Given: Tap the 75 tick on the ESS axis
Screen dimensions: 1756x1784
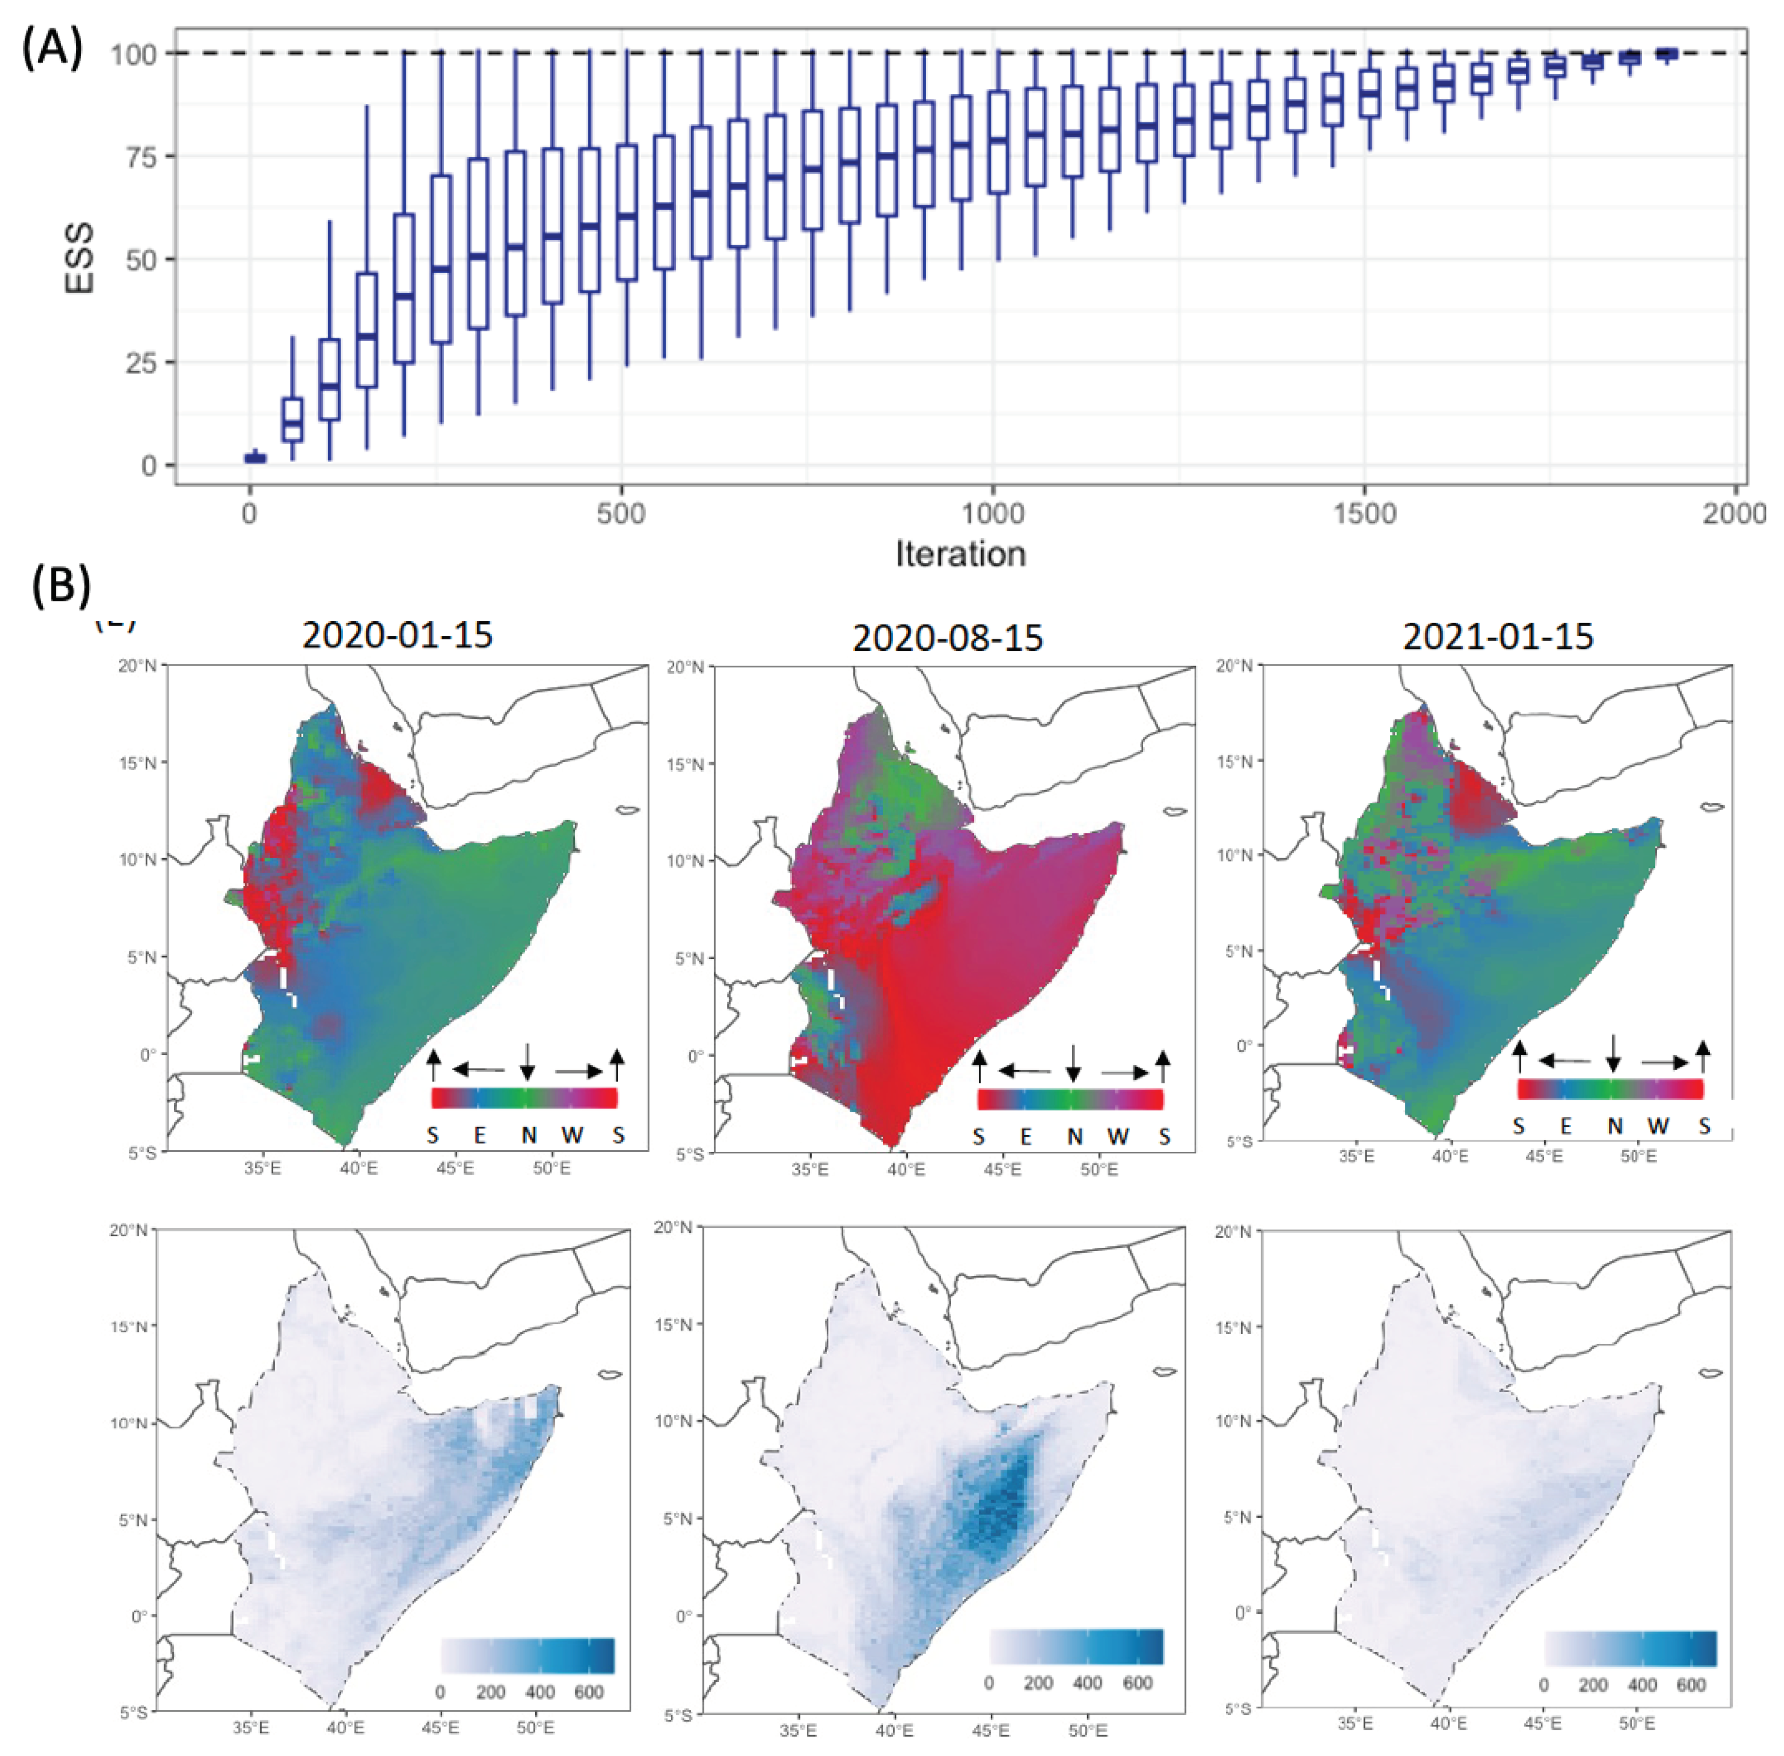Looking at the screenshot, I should tap(134, 157).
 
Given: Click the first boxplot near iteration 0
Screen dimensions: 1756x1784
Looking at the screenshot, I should tap(254, 458).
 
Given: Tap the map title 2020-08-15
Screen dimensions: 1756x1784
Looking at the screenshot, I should tap(948, 638).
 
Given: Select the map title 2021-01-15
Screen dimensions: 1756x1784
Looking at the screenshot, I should tap(1497, 636).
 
